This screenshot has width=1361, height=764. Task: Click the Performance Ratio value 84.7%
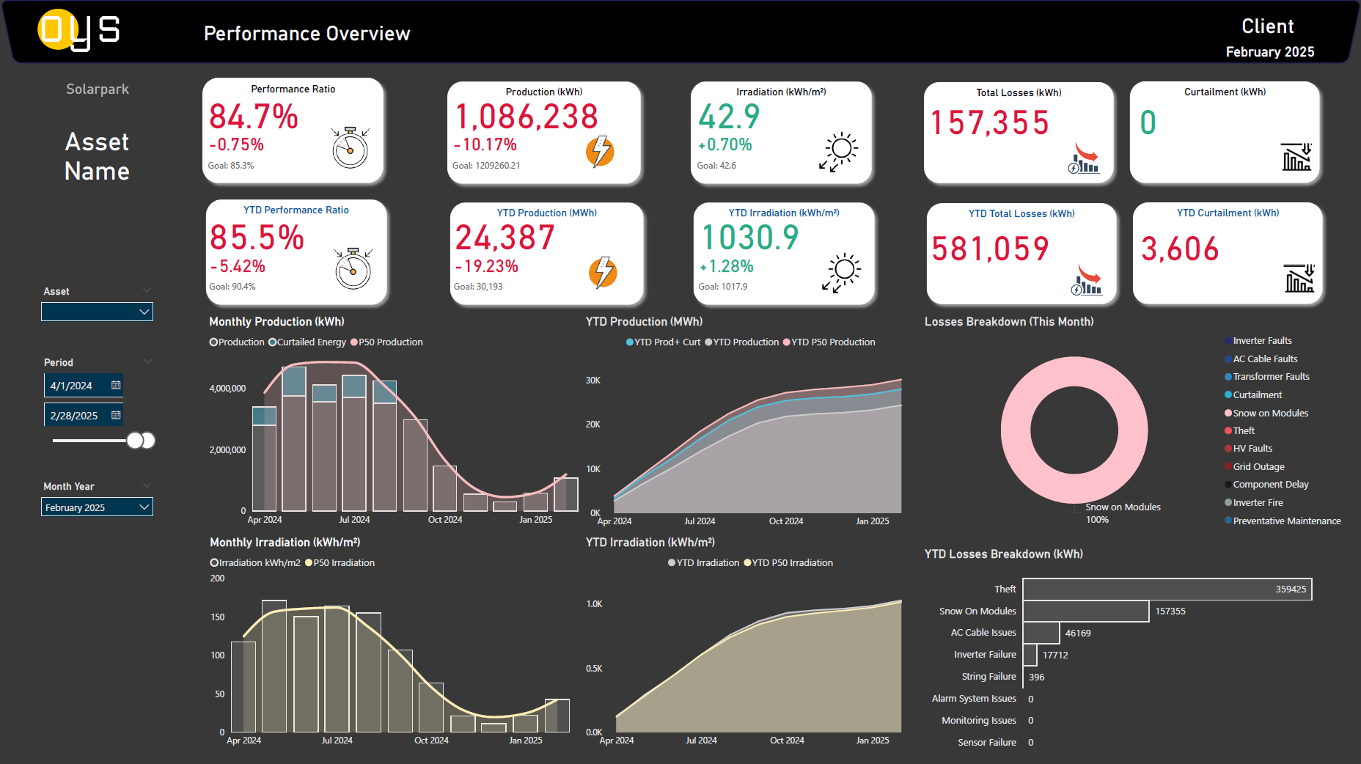(254, 117)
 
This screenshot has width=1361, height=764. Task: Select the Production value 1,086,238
(527, 117)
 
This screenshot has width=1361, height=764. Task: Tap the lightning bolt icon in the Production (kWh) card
(600, 151)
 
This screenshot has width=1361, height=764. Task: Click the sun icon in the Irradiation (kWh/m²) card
(840, 150)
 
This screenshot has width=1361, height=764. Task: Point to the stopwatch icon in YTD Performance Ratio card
(353, 269)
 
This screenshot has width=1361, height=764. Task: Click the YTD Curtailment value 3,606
(1180, 249)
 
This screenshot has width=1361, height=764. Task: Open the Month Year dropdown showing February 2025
(97, 507)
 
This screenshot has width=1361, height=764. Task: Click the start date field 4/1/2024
(72, 386)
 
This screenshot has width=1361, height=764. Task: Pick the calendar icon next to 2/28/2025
(116, 415)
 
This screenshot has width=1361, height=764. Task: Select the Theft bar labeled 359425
(1167, 589)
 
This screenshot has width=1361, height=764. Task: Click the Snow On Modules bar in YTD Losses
(1085, 611)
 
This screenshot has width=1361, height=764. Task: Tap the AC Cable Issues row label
(983, 633)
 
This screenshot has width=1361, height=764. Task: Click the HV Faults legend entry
(1252, 449)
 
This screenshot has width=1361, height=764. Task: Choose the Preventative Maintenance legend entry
(1286, 521)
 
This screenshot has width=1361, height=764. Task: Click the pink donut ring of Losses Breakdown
(1016, 430)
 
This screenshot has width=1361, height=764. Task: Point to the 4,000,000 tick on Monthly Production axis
(227, 389)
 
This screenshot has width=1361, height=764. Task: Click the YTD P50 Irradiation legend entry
(792, 563)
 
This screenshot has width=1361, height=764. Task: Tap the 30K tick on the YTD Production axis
(593, 381)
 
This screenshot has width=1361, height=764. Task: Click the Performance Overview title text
(307, 34)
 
